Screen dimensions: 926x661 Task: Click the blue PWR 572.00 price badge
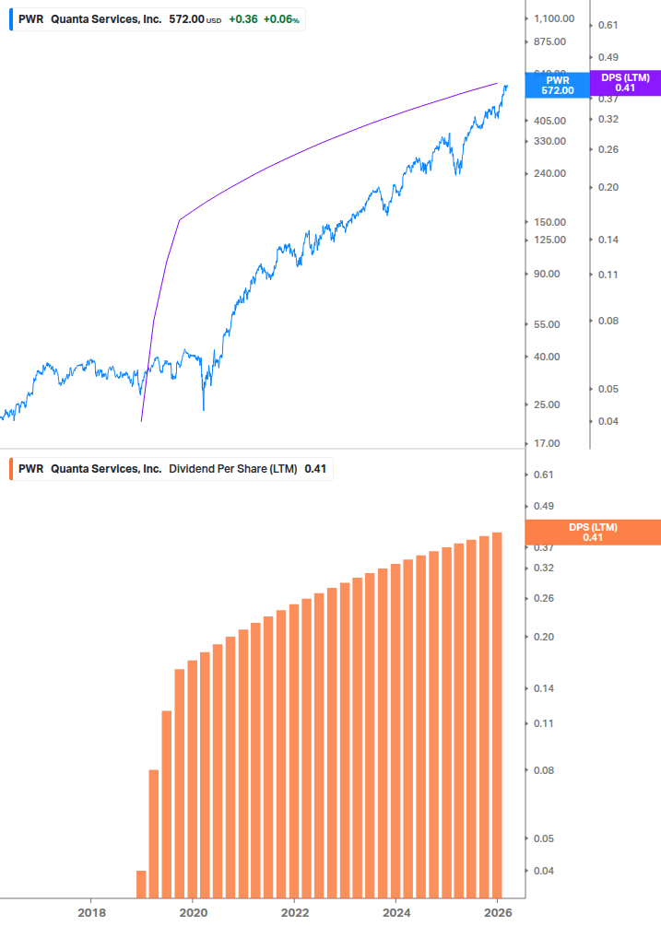pyautogui.click(x=557, y=86)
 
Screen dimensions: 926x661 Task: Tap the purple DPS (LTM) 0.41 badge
pyautogui.click(x=625, y=83)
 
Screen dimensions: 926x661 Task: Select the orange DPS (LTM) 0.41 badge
pyautogui.click(x=592, y=533)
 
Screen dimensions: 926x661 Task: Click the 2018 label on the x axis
pyautogui.click(x=90, y=912)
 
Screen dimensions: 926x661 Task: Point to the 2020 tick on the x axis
pyautogui.click(x=192, y=912)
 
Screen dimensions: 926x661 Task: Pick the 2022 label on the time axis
pyautogui.click(x=294, y=912)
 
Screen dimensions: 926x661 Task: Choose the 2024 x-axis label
pyautogui.click(x=395, y=912)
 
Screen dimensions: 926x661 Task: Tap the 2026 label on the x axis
pyautogui.click(x=497, y=912)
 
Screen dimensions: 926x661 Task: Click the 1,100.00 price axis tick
pyautogui.click(x=554, y=18)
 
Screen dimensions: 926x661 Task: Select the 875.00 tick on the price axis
pyautogui.click(x=554, y=41)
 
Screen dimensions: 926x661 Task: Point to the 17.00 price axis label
pyautogui.click(x=548, y=443)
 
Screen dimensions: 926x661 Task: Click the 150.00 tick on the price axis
pyautogui.click(x=550, y=222)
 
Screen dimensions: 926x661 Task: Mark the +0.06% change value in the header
pyautogui.click(x=281, y=18)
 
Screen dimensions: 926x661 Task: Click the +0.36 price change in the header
pyautogui.click(x=242, y=18)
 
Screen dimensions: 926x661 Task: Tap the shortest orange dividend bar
pyautogui.click(x=141, y=884)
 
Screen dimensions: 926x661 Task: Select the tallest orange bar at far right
pyautogui.click(x=497, y=714)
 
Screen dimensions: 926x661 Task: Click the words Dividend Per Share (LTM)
pyautogui.click(x=233, y=469)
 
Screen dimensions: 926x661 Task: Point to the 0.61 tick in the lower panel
pyautogui.click(x=544, y=475)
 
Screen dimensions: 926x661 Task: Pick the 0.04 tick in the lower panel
pyautogui.click(x=544, y=871)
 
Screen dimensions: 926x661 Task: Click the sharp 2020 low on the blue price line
pyautogui.click(x=204, y=409)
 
